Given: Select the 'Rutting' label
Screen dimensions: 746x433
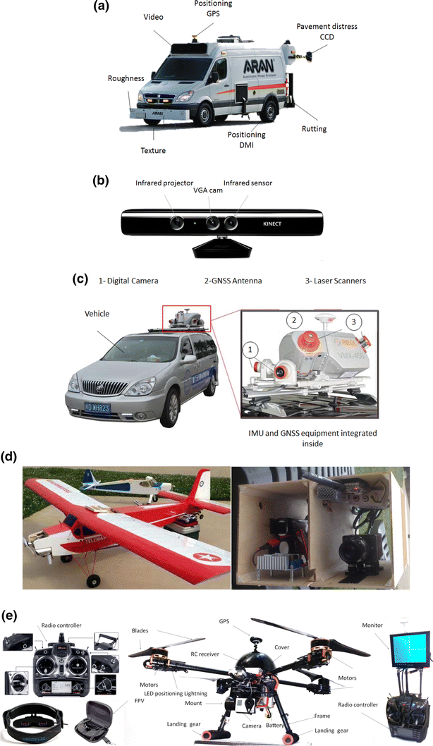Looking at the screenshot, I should point(314,129).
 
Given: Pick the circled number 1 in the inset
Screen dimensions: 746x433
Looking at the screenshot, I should point(250,348).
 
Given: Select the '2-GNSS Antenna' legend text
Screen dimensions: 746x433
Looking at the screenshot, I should point(228,281).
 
